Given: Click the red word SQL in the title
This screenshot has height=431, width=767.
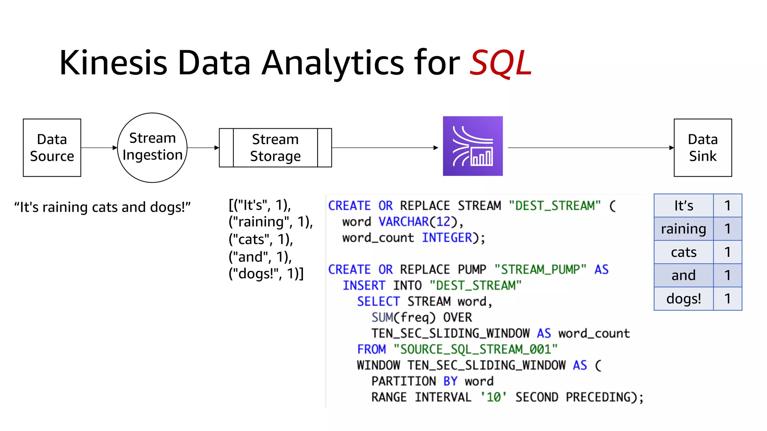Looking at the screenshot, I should tap(501, 63).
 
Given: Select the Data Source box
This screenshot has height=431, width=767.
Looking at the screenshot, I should tap(52, 148).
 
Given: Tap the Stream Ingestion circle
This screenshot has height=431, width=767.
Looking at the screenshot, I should tap(152, 147).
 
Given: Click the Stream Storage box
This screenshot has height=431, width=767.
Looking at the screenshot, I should tap(275, 148).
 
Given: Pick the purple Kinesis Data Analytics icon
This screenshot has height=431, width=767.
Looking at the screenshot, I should tap(473, 146).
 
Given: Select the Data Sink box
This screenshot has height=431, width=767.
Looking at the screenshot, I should tap(703, 148).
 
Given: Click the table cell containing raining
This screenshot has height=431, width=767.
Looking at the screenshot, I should tap(683, 229).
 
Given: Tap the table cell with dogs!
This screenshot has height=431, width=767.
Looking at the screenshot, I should tap(683, 299).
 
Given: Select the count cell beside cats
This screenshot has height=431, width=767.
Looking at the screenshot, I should tap(727, 252).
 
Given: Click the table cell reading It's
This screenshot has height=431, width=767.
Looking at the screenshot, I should tap(683, 206).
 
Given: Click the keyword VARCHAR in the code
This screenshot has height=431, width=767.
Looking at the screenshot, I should tap(403, 221).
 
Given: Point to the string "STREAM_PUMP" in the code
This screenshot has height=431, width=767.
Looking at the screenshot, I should tap(540, 269).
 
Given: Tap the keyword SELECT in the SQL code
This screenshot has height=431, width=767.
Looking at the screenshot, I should tap(378, 301).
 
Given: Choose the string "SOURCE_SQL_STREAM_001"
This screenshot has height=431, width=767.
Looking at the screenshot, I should tap(475, 349).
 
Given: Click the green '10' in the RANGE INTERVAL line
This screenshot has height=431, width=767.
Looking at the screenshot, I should tap(494, 397).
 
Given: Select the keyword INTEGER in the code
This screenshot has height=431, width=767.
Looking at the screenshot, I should tap(447, 238).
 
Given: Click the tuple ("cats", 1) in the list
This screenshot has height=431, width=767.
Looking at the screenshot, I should tap(261, 239).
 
